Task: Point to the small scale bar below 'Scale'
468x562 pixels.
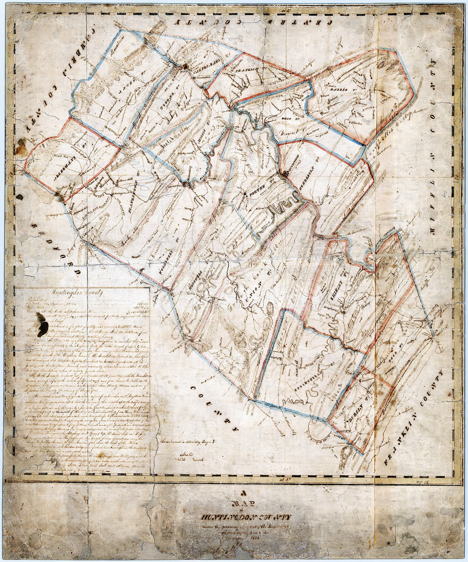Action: [189, 460]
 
